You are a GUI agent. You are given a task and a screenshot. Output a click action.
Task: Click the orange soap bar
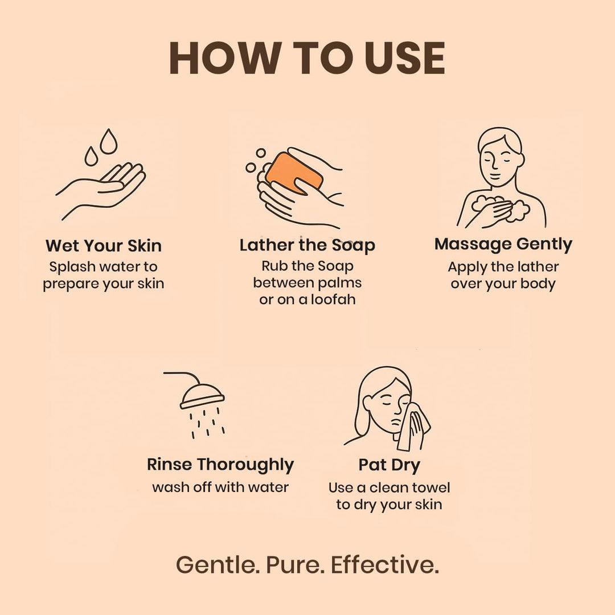[x=294, y=174]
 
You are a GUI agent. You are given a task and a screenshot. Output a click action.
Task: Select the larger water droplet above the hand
[x=109, y=141]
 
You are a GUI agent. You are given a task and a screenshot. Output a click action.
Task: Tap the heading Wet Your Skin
[x=104, y=246]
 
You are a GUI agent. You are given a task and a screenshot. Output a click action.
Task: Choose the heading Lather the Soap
[x=307, y=245]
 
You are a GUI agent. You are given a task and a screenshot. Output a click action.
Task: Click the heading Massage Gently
[x=503, y=244]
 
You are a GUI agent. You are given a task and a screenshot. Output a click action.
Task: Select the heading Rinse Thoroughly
[x=220, y=465]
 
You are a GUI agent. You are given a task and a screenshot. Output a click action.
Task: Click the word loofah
[x=333, y=300]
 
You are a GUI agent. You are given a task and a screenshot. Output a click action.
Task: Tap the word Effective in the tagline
[x=384, y=565]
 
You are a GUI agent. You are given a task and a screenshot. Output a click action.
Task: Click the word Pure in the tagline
[x=295, y=565]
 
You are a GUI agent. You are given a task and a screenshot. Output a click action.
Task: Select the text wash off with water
[x=220, y=487]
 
